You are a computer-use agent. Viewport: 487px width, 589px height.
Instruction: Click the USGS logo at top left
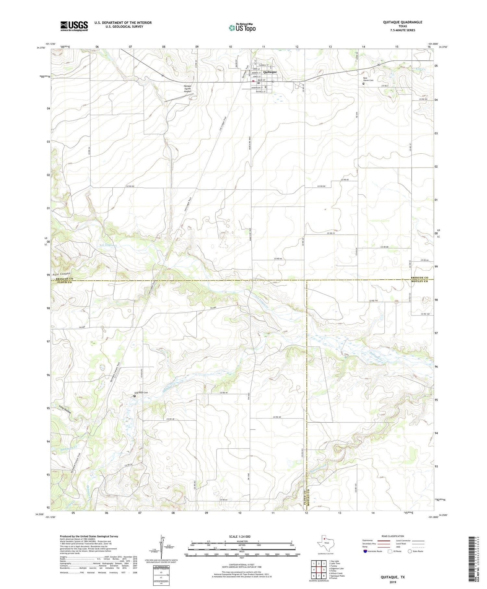[x=74, y=26]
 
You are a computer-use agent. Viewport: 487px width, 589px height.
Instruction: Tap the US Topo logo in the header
[x=242, y=28]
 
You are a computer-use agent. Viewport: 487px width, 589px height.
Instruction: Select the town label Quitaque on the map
[x=270, y=72]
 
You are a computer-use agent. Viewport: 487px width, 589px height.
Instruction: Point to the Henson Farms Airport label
[x=188, y=89]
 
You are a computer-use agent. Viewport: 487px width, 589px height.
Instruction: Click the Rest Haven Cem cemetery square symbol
[x=363, y=84]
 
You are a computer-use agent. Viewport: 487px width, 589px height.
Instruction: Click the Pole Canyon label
[x=61, y=274]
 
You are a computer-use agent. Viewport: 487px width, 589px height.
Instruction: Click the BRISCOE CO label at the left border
[x=65, y=279]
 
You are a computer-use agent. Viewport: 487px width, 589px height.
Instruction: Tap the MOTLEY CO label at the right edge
[x=419, y=281]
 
